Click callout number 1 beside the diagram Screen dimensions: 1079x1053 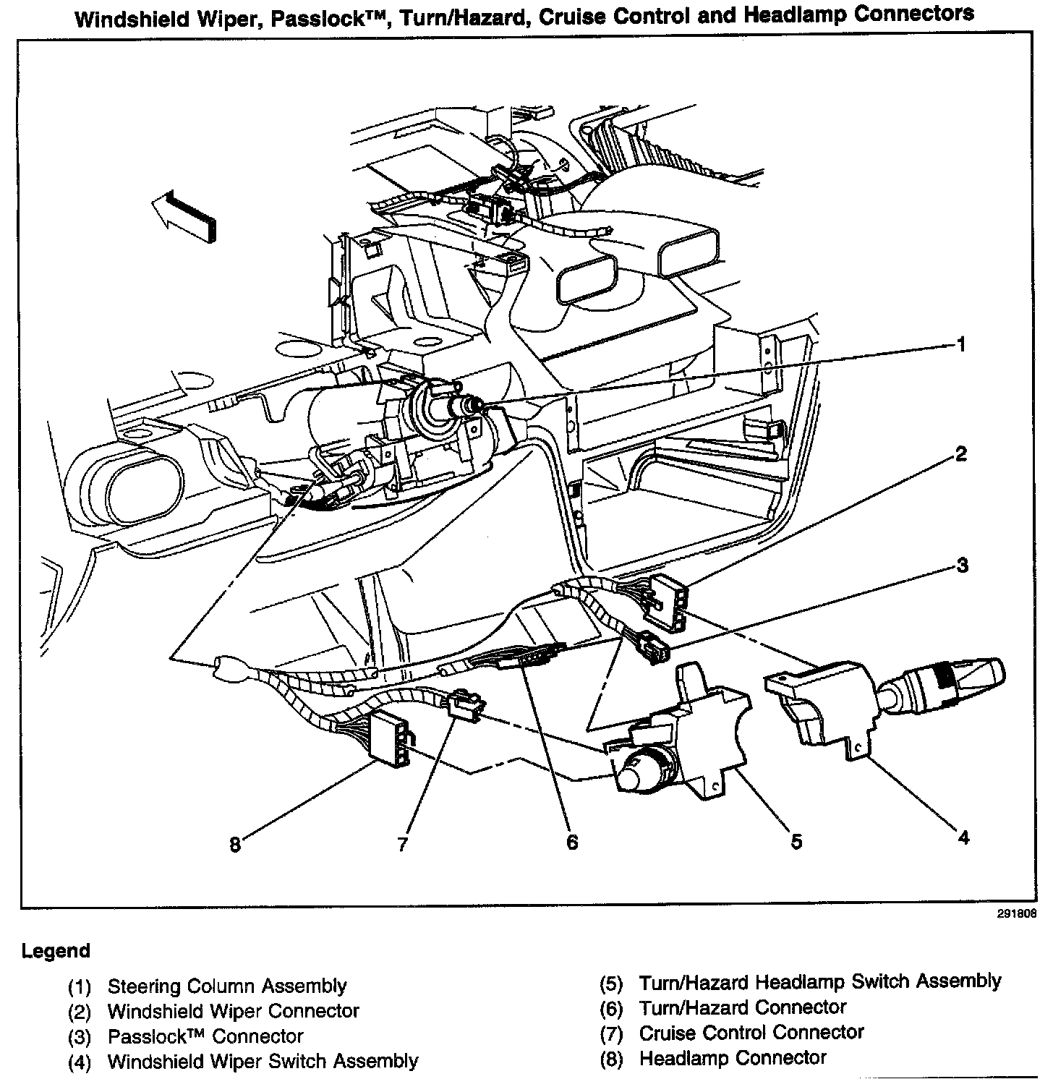click(960, 344)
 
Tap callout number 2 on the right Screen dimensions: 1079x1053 click(960, 454)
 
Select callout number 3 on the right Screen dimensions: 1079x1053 click(962, 565)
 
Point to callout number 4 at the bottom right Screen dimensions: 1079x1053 click(963, 837)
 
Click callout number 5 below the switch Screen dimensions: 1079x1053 click(796, 841)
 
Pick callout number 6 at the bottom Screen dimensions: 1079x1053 click(572, 843)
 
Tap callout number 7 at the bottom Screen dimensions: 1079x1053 click(403, 844)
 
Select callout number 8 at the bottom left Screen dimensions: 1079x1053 click(234, 845)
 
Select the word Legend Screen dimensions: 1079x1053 click(56, 950)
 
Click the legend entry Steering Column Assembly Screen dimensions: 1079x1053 click(226, 986)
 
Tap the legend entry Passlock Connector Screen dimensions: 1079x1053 click(205, 1036)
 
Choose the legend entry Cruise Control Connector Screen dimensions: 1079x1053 click(751, 1032)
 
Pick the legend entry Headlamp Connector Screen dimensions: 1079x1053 click(732, 1057)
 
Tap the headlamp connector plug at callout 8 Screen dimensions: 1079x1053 click(388, 737)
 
